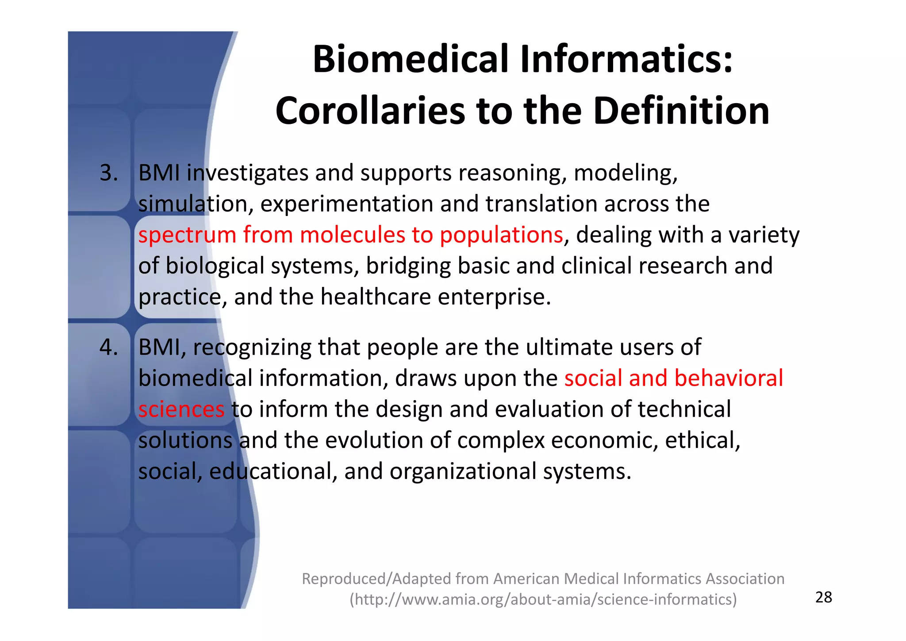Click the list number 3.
[109, 173]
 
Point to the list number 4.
[109, 347]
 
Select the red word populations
[501, 235]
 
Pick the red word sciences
[181, 409]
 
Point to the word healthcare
[376, 297]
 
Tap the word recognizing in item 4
[252, 347]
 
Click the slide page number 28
[823, 597]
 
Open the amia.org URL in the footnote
[543, 599]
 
